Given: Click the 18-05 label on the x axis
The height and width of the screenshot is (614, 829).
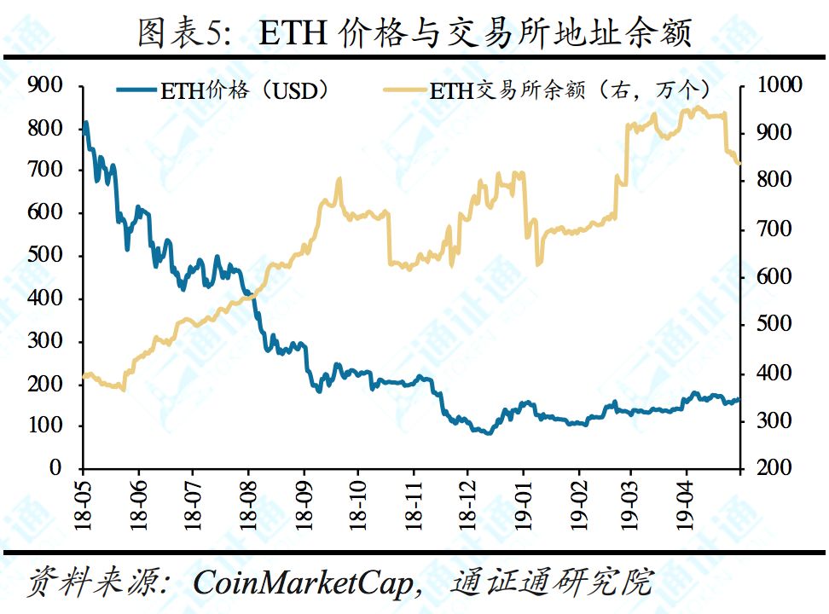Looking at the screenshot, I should click(83, 504).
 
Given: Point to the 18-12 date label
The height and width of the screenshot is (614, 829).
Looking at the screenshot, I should click(467, 504).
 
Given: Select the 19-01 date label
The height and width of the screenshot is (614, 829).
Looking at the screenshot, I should click(522, 504).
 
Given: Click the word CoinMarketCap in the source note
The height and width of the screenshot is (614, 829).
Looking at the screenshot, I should click(303, 582).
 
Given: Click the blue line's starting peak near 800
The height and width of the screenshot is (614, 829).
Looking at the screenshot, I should click(85, 124).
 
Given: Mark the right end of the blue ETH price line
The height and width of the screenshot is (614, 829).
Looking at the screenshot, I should click(739, 399).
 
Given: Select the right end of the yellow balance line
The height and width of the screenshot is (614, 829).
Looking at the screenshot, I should click(739, 163).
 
